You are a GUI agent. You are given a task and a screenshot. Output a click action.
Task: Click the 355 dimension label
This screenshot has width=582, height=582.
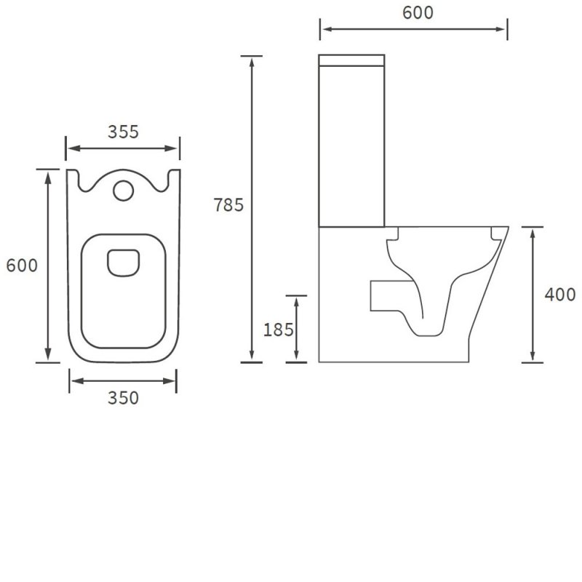click(x=123, y=132)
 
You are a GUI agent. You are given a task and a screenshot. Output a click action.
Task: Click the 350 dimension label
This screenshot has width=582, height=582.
click(x=123, y=398)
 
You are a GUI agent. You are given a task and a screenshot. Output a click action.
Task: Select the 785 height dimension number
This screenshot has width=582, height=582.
click(x=228, y=205)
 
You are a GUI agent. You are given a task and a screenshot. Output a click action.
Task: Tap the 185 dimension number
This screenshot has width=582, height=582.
click(x=278, y=330)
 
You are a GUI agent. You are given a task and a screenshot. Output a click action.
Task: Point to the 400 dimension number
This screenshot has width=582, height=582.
click(x=560, y=295)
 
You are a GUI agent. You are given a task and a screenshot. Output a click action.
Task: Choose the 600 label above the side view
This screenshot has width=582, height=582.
click(x=418, y=12)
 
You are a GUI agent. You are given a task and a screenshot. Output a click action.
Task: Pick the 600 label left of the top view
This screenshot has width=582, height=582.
click(x=22, y=266)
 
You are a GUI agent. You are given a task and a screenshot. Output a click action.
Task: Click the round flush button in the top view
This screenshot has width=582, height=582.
click(x=123, y=190)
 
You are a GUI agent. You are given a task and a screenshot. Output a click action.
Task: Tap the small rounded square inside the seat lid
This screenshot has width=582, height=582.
click(x=123, y=263)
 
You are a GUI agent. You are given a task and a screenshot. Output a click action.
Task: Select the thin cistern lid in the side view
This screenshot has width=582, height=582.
click(x=352, y=57)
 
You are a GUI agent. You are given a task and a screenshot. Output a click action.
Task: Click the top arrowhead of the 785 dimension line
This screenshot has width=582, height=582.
click(x=252, y=62)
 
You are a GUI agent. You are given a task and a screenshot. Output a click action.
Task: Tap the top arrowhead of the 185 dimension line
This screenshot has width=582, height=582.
click(x=296, y=301)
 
